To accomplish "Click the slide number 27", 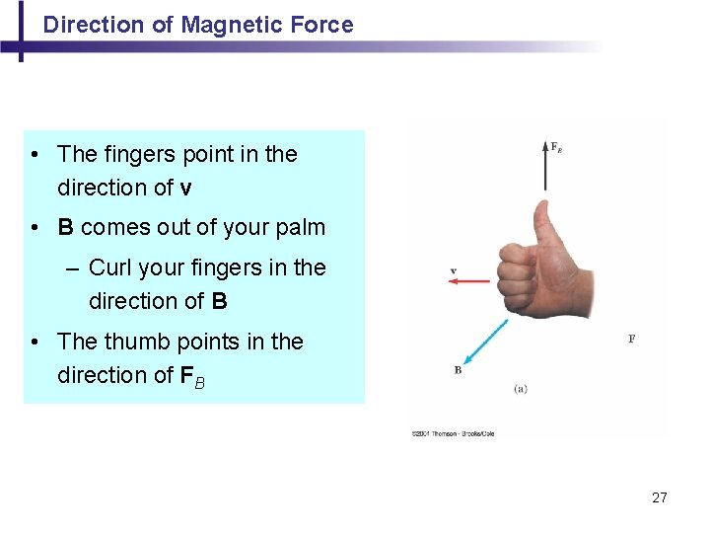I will click(660, 497).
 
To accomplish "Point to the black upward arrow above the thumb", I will click(543, 168).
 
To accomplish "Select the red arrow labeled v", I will click(468, 281).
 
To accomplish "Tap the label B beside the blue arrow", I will click(458, 370).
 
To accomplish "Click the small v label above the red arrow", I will click(453, 269).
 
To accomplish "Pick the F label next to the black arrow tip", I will click(556, 148).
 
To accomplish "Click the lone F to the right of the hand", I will click(631, 339).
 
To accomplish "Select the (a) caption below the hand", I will click(520, 388).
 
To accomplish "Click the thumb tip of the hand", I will click(542, 209).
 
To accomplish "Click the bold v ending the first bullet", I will click(186, 188).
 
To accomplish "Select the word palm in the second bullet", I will click(301, 227).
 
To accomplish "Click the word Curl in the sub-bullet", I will click(111, 267).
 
